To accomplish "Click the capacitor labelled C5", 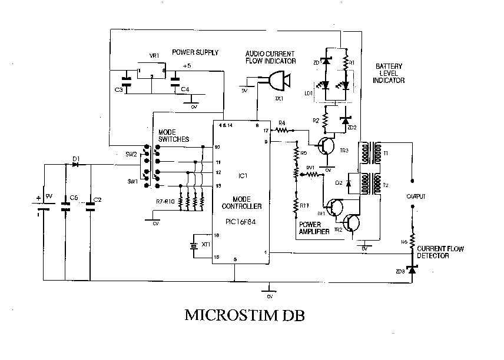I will pyautogui.click(x=65, y=206).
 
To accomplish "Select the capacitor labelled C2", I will pyautogui.click(x=90, y=206).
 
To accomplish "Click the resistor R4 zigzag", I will pyautogui.click(x=283, y=130).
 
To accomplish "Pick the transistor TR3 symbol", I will pyautogui.click(x=324, y=145).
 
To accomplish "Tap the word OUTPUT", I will pyautogui.click(x=416, y=196).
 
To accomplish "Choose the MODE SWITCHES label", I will pyautogui.click(x=174, y=135).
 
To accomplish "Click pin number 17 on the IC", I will pyautogui.click(x=266, y=130).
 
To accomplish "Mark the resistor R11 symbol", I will pyautogui.click(x=296, y=206).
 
